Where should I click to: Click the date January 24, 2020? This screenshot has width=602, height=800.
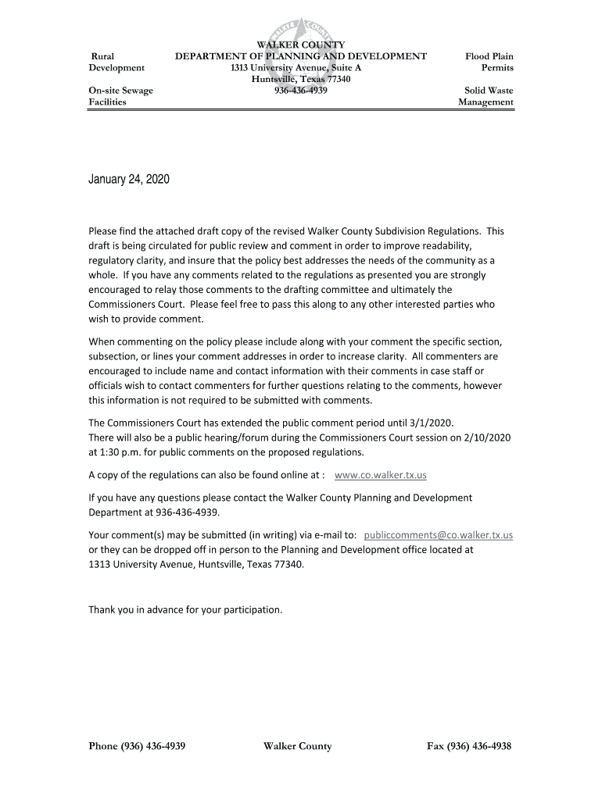[x=128, y=180]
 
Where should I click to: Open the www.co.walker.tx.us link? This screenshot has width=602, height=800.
[x=380, y=475]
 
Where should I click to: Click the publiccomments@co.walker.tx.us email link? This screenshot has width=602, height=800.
[x=438, y=534]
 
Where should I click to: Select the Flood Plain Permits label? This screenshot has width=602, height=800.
[x=489, y=62]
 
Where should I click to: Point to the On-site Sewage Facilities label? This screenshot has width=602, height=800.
[x=120, y=96]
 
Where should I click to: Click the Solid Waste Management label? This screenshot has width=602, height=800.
[x=486, y=96]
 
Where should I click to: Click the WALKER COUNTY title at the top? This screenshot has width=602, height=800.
[x=301, y=45]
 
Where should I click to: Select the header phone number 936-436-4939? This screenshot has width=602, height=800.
[x=301, y=91]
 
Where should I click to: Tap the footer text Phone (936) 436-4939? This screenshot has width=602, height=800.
[x=137, y=746]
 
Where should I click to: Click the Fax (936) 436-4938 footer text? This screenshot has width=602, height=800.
[x=469, y=746]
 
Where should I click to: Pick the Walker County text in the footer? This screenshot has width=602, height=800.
[x=298, y=746]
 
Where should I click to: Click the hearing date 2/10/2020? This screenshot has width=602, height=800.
[x=486, y=437]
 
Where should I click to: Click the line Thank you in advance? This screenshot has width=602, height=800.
[x=185, y=609]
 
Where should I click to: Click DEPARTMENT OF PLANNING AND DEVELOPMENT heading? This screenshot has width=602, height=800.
[x=301, y=56]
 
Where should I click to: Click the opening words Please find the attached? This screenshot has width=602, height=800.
[x=148, y=231]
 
